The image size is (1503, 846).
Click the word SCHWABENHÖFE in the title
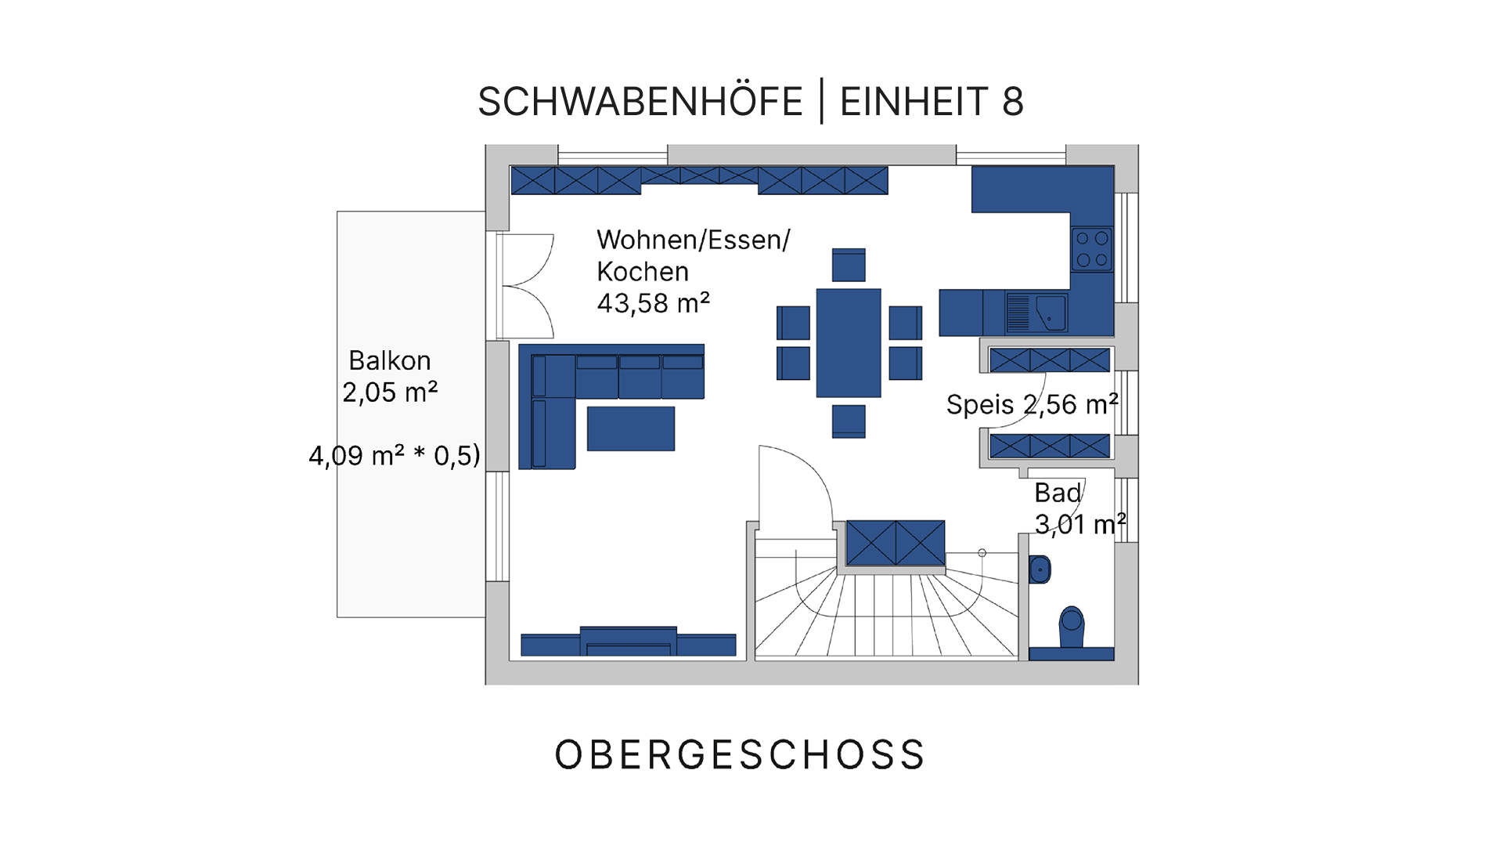tap(640, 101)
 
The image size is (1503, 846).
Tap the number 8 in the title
tap(1012, 102)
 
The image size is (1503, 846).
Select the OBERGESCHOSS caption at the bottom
tap(740, 754)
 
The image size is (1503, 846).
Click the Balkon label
tap(390, 360)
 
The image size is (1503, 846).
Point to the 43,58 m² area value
tap(653, 303)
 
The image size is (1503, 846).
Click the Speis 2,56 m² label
tap(1032, 404)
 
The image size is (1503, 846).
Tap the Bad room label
tap(1058, 493)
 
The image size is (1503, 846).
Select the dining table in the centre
tap(849, 343)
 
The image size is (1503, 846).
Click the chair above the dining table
tap(849, 265)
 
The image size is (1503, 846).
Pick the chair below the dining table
tap(849, 421)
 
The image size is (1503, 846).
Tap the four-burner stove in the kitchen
tap(1092, 249)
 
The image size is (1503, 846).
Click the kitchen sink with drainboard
tap(1036, 313)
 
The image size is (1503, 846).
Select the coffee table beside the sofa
tap(631, 428)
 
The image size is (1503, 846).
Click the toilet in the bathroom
tap(1071, 627)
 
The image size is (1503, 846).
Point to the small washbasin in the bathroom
tap(1040, 569)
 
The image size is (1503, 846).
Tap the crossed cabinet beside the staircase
tap(896, 543)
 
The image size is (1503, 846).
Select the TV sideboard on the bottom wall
tap(629, 642)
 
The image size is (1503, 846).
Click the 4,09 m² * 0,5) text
tap(394, 455)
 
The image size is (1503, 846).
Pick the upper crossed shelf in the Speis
tap(1050, 360)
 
